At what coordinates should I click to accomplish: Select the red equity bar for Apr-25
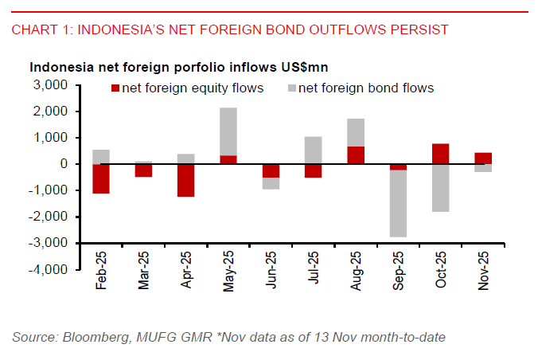click(186, 180)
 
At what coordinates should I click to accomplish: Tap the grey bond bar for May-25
click(228, 131)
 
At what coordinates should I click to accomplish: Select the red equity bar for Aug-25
click(355, 155)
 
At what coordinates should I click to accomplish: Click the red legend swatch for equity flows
click(115, 88)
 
